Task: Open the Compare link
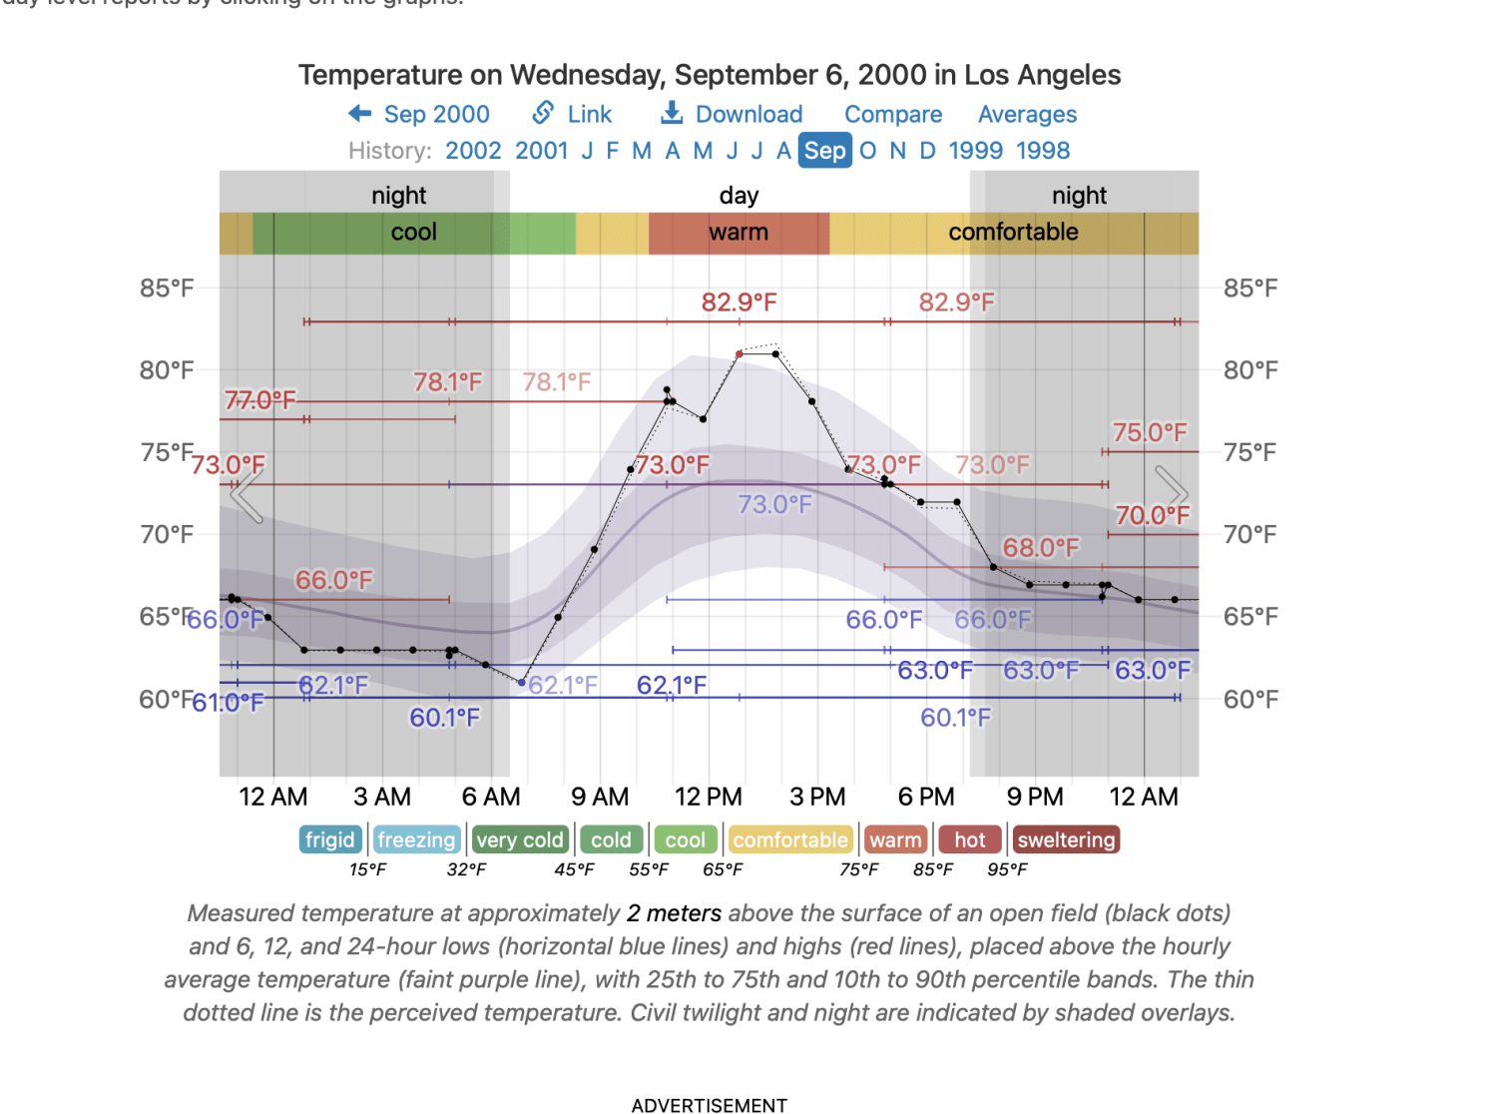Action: click(893, 115)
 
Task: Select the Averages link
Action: click(1027, 115)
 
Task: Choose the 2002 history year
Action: click(473, 151)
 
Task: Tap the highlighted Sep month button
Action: click(824, 151)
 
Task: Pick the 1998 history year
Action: click(1043, 151)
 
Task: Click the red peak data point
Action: click(740, 354)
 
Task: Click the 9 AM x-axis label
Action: click(600, 797)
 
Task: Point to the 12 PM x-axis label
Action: click(709, 797)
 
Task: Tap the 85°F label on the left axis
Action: click(167, 288)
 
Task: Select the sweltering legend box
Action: click(1066, 839)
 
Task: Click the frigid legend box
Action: click(329, 839)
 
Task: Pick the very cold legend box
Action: click(520, 839)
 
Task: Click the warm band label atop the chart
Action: click(739, 233)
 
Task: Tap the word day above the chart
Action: click(739, 196)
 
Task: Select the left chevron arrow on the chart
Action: click(247, 494)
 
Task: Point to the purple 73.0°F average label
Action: click(774, 505)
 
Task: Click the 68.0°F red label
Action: click(1040, 548)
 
